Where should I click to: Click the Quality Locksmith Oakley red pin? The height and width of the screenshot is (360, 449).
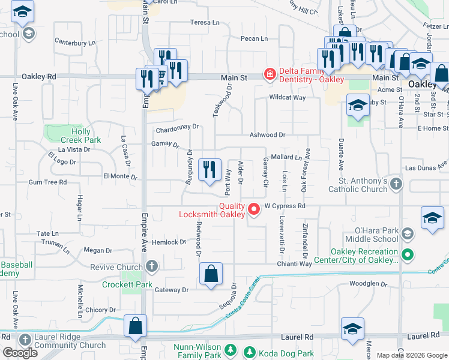[254, 209]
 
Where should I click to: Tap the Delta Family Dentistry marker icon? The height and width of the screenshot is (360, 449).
[270, 74]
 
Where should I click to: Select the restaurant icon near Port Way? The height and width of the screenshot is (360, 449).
[209, 169]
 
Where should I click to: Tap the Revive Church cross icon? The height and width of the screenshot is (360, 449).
[152, 266]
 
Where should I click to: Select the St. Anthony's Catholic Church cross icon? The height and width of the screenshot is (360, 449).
[396, 184]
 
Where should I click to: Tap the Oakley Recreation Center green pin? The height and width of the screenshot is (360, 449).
[408, 256]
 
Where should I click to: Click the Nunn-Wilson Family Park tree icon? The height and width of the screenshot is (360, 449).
[229, 349]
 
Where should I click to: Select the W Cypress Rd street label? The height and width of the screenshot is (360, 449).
[285, 206]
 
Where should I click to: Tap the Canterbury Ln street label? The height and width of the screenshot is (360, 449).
[75, 43]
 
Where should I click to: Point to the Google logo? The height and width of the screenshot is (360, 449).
[20, 353]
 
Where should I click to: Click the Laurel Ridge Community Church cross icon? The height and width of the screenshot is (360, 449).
[25, 340]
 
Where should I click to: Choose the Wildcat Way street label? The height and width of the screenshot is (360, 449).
[288, 97]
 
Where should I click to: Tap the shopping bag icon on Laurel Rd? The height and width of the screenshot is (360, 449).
[136, 326]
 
